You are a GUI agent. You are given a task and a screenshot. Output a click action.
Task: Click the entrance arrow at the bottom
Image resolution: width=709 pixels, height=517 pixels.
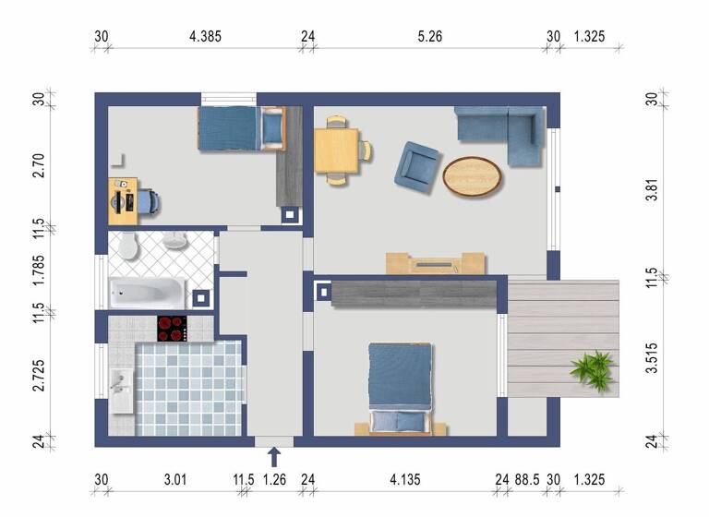tap(273, 456)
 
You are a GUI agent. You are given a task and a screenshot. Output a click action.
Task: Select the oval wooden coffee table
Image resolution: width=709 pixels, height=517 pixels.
tap(473, 176)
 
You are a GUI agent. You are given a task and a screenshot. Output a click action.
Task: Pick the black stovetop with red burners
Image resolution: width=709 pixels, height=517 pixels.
tap(172, 328)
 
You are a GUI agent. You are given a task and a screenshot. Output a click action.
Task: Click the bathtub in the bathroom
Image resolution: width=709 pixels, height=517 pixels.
tap(148, 294)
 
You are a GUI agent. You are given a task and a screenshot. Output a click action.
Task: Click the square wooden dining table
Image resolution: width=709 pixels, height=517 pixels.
tap(336, 150)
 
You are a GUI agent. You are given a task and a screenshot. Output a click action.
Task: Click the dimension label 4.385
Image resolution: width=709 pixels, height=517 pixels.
tap(205, 37)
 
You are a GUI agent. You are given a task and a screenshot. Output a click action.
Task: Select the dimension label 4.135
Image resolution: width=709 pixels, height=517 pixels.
tap(406, 479)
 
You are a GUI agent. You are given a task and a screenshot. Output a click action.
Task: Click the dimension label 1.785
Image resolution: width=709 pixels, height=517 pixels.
tap(38, 272)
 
